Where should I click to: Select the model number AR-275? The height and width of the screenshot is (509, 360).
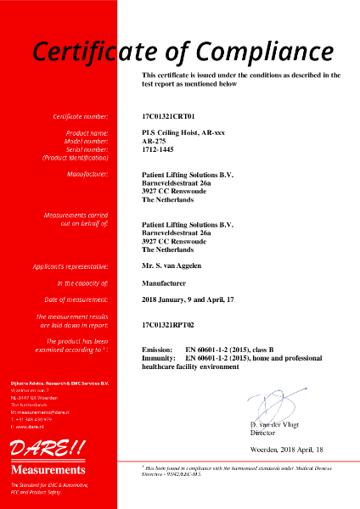[155, 141]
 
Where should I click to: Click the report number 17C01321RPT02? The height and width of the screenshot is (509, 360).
[171, 324]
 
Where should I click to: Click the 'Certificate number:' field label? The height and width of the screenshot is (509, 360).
[81, 115]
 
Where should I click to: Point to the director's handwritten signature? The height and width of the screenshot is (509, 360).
[280, 403]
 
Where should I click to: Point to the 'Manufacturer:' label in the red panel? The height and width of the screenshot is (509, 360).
[87, 175]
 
